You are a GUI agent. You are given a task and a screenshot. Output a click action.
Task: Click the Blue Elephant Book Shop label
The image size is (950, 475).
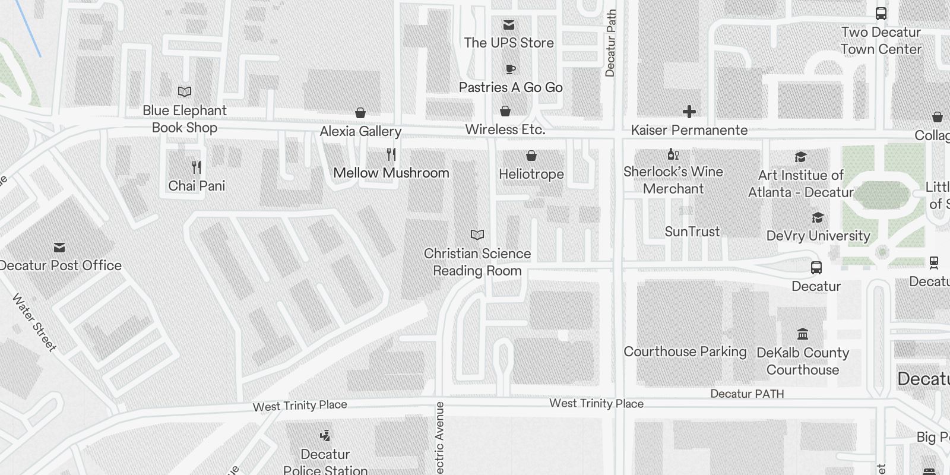[x=184, y=119]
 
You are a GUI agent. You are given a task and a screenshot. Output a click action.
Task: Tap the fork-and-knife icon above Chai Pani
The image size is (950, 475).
[x=197, y=167]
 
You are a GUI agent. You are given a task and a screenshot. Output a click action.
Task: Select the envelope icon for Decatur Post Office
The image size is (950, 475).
[x=59, y=247]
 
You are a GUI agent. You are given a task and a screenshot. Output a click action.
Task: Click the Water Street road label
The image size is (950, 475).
[x=34, y=323]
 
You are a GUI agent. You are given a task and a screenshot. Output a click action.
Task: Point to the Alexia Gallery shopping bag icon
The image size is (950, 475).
[x=360, y=113]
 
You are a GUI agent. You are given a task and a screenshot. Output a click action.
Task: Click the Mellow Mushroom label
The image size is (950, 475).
[x=391, y=173]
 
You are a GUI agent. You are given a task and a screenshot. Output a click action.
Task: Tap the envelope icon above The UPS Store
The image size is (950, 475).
[x=509, y=25]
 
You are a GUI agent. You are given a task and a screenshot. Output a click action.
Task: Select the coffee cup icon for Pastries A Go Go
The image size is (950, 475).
[x=510, y=69]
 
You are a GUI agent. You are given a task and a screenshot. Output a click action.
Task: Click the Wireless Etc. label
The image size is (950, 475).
[x=505, y=129]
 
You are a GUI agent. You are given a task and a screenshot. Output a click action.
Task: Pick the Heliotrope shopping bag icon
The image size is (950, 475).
[x=531, y=156]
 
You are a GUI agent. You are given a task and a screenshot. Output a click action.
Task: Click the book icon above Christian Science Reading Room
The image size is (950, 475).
[x=477, y=235]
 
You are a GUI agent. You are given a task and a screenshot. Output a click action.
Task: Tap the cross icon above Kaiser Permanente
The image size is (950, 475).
[x=689, y=112]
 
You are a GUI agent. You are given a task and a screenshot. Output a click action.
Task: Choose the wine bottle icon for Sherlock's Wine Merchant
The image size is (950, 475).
[x=673, y=154]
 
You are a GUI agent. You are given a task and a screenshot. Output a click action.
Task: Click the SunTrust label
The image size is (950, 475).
[x=692, y=232]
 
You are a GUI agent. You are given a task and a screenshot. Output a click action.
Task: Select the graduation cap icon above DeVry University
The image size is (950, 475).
[x=818, y=218]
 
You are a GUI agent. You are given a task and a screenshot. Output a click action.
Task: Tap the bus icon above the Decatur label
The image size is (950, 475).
[x=816, y=268]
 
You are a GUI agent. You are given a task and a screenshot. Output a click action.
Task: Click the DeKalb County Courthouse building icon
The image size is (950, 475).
[x=803, y=334]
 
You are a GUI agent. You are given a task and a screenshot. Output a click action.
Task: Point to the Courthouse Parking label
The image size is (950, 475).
[x=685, y=351]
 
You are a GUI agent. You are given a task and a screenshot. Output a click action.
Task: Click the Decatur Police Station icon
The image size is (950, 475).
[x=325, y=436]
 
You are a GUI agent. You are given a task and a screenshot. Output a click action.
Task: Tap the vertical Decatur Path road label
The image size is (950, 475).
[x=610, y=43]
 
